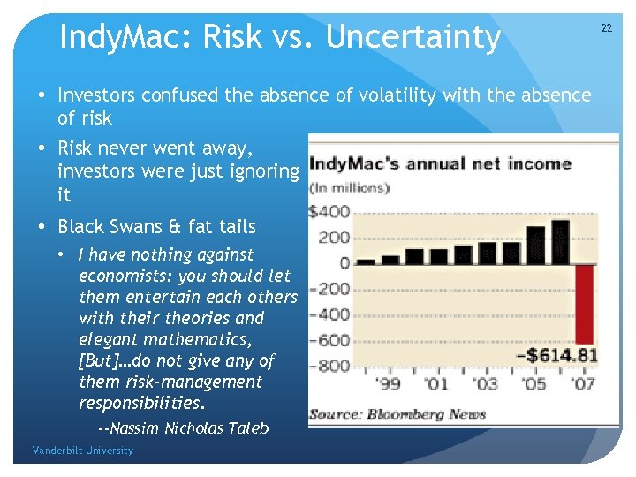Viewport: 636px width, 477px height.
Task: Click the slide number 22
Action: point(606,28)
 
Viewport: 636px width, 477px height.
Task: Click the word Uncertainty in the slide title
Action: point(413,37)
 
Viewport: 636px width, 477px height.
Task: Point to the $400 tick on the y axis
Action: point(329,212)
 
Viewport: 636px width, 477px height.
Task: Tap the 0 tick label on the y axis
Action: point(344,263)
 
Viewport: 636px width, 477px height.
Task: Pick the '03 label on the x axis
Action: point(486,384)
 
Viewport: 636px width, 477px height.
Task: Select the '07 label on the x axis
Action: point(583,384)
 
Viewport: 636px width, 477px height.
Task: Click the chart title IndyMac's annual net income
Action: point(440,163)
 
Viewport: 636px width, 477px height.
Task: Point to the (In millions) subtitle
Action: point(349,187)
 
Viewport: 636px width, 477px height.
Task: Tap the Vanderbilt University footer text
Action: point(83,450)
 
